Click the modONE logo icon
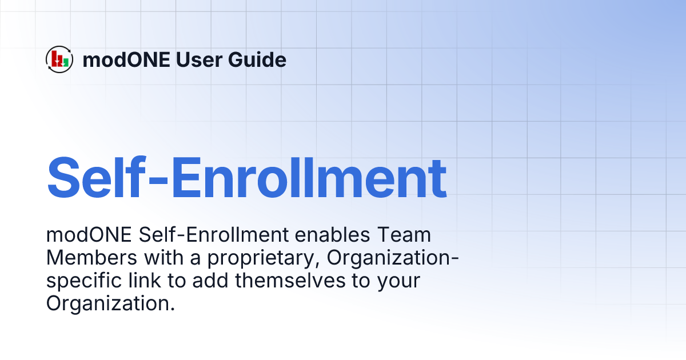click(59, 59)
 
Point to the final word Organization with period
click(110, 304)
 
